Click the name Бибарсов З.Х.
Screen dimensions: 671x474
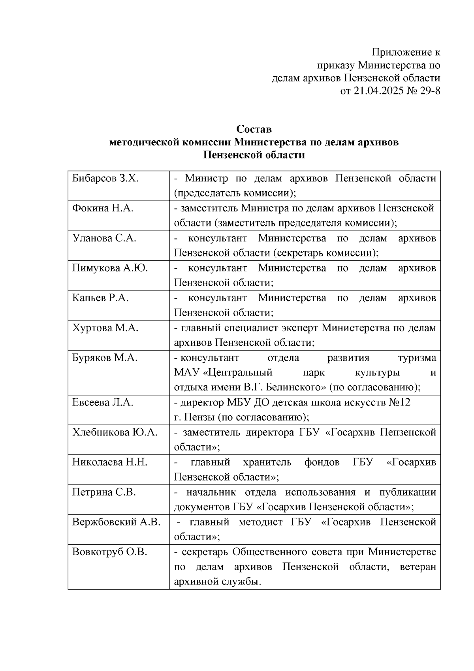click(x=105, y=179)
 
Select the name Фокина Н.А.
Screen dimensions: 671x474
click(x=103, y=208)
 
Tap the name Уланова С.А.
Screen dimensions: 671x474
click(x=104, y=238)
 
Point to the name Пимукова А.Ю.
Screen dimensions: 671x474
click(x=110, y=268)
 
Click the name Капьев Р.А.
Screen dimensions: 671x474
click(x=100, y=298)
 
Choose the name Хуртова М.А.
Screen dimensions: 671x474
click(x=105, y=328)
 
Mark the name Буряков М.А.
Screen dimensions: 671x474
click(x=105, y=358)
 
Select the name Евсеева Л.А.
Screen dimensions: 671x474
click(x=103, y=403)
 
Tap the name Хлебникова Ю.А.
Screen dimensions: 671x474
click(x=115, y=433)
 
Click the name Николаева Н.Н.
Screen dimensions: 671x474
click(x=109, y=462)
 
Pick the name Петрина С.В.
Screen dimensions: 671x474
click(x=104, y=492)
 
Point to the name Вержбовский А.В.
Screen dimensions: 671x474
click(x=116, y=522)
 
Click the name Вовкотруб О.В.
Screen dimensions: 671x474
click(x=109, y=552)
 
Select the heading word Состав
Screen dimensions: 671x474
click(x=254, y=129)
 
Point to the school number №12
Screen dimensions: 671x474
click(x=399, y=403)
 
